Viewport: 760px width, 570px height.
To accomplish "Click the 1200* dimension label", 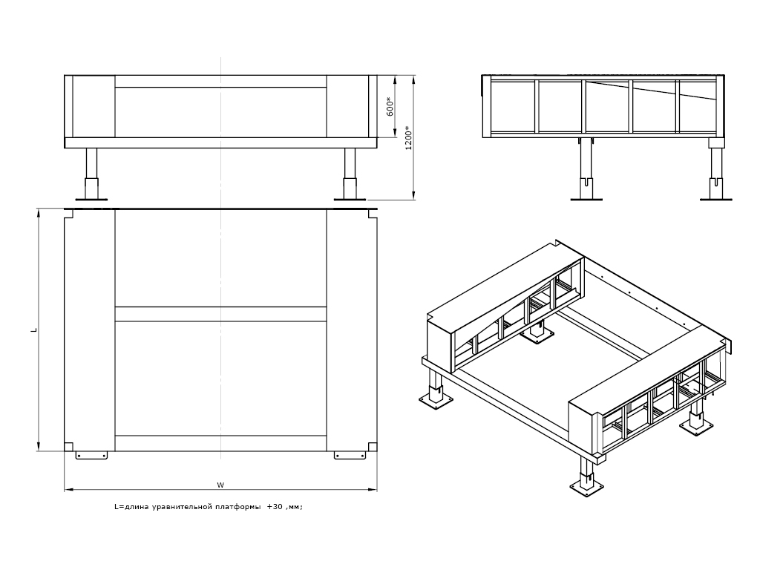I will tap(407, 138).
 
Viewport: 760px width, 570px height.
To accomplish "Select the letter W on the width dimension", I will tap(220, 485).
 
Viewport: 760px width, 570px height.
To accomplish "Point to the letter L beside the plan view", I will tap(33, 329).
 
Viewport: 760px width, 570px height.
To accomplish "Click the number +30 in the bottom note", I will tap(275, 508).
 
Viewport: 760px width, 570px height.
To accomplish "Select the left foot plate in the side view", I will tap(586, 198).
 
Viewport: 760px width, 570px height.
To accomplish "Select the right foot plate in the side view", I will tap(716, 198).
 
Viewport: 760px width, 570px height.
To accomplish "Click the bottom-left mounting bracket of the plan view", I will tap(92, 454).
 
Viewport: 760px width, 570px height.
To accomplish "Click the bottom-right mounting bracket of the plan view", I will tap(350, 454).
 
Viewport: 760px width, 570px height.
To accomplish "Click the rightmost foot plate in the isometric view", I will tap(699, 426).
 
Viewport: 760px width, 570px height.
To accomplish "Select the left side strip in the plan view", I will tap(90, 330).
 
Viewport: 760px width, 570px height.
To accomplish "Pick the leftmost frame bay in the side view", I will tap(510, 106).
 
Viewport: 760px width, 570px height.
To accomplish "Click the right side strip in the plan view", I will tap(352, 330).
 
